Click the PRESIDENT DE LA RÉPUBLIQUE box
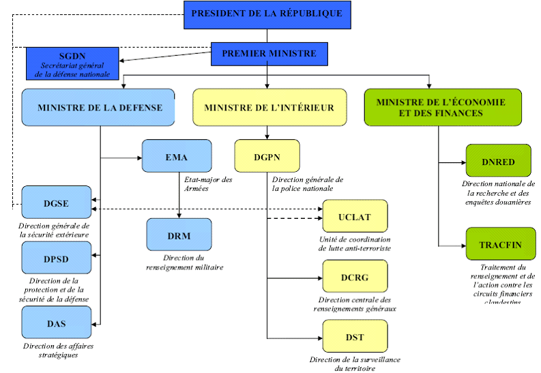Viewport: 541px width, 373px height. [x=267, y=14]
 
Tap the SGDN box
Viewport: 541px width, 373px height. [x=72, y=63]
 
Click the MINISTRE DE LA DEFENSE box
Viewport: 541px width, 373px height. [x=100, y=107]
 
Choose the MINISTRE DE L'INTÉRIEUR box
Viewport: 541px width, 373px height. [x=269, y=107]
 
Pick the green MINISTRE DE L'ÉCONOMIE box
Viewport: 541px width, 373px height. [x=442, y=107]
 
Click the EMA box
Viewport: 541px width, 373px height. [x=175, y=156]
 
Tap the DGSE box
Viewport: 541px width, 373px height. [x=55, y=203]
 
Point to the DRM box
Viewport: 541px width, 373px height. [x=179, y=235]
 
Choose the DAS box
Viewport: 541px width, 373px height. [x=55, y=323]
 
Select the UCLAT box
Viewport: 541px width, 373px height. [x=355, y=216]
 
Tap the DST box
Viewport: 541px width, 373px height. [x=355, y=336]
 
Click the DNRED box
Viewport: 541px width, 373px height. [x=498, y=161]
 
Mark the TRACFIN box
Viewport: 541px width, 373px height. [x=501, y=244]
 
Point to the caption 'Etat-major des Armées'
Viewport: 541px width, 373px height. [x=208, y=184]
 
